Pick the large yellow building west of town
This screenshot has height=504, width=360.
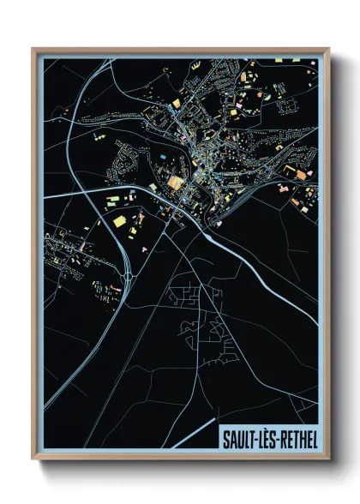click(x=118, y=223)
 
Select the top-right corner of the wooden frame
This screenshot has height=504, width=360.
click(x=329, y=49)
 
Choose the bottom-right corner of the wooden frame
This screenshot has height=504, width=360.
click(x=329, y=462)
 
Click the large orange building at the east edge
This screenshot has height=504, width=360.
click(x=301, y=175)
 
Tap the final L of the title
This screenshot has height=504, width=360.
click(x=314, y=440)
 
